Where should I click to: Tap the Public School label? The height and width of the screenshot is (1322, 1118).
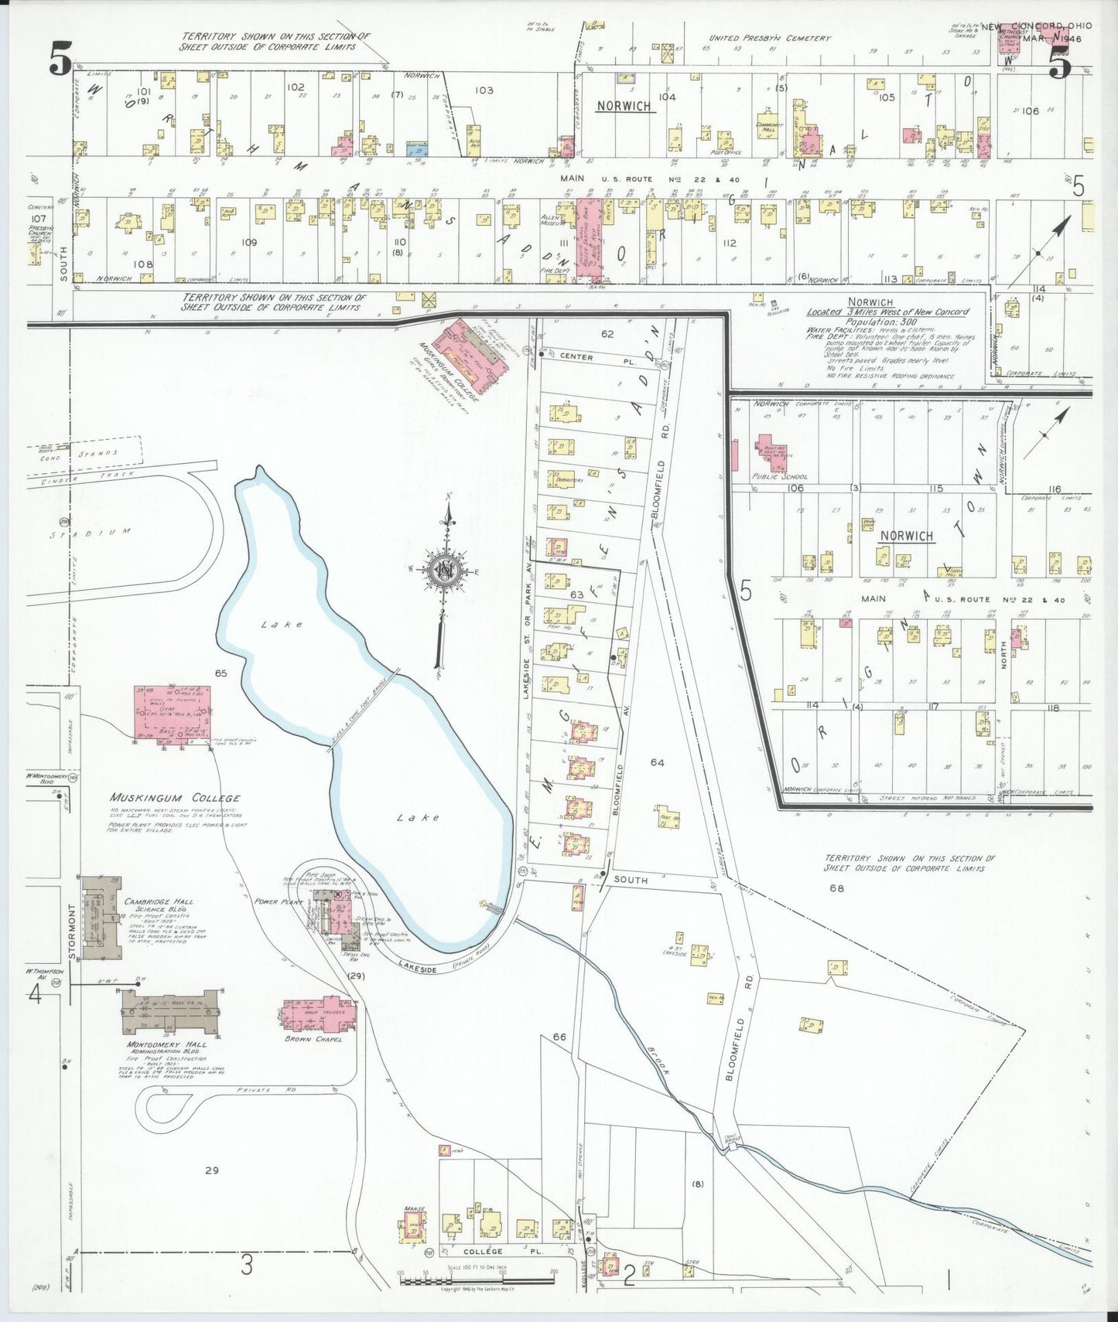point(779,477)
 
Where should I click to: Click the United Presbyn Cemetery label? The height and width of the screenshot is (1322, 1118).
point(770,38)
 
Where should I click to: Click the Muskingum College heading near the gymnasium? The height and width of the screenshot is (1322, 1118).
point(174,798)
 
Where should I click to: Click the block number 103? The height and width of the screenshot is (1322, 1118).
point(484,90)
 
